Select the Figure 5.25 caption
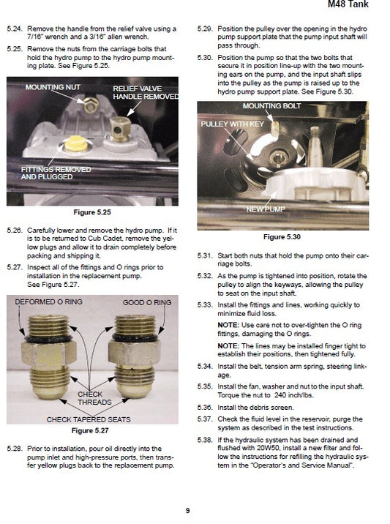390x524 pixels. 93,212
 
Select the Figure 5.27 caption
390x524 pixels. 93,430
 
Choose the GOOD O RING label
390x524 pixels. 147,302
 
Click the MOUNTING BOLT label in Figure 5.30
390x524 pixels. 271,106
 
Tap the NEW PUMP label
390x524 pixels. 265,209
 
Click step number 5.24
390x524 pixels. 13,29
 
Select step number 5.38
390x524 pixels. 205,439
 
